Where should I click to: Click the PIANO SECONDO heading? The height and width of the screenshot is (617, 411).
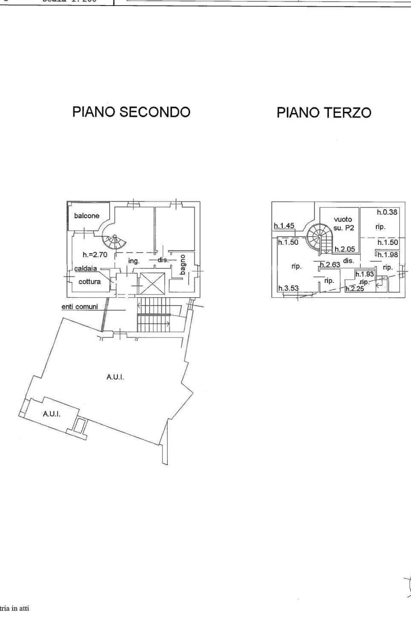click(131, 112)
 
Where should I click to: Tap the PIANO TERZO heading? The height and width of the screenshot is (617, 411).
click(324, 113)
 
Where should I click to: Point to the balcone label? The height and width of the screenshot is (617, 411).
click(87, 216)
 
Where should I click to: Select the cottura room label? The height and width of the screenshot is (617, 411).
click(90, 282)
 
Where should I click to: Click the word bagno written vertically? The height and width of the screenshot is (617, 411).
click(182, 264)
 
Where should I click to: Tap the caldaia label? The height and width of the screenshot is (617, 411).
click(86, 269)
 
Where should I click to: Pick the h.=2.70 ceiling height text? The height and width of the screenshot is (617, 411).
click(95, 255)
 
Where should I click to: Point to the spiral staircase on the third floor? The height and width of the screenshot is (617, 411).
click(319, 238)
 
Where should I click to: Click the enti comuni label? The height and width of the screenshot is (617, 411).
click(80, 306)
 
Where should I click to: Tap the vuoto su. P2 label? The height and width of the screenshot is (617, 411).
click(343, 224)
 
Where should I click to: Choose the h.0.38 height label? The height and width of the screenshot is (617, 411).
click(387, 212)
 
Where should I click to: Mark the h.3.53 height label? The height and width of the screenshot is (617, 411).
click(289, 288)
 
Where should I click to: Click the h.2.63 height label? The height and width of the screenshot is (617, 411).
click(330, 265)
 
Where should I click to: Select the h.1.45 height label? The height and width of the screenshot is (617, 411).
click(284, 226)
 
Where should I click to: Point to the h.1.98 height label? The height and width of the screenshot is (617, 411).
click(387, 255)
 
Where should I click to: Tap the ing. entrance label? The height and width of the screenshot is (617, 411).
click(134, 261)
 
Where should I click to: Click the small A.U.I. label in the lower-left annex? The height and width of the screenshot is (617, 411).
click(52, 413)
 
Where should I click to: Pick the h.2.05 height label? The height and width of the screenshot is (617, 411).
click(345, 250)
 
